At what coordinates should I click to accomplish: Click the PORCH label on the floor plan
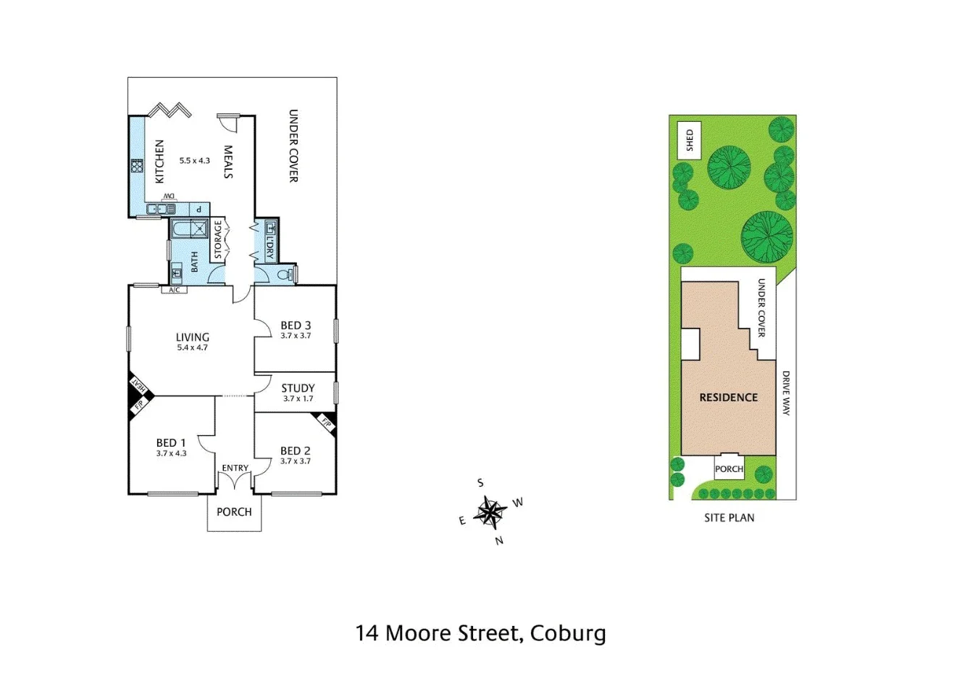(x=234, y=512)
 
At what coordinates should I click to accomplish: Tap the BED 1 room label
(x=171, y=443)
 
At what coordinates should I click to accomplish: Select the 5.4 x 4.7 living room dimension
(x=192, y=347)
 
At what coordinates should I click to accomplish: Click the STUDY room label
(x=298, y=388)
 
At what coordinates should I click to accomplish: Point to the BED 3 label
(x=296, y=326)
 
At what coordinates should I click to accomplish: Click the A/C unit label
(x=174, y=290)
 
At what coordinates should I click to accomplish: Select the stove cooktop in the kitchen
(x=135, y=166)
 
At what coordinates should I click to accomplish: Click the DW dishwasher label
(x=168, y=197)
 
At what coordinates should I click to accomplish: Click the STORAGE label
(x=217, y=240)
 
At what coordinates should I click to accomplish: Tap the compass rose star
(x=490, y=512)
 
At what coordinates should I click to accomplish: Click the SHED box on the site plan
(x=690, y=141)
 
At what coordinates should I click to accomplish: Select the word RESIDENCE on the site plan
(x=728, y=397)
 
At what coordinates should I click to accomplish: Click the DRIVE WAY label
(x=786, y=393)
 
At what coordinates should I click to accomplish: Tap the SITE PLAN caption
(x=729, y=518)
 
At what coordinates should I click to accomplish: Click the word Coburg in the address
(x=568, y=633)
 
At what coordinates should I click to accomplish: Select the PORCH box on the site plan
(x=729, y=469)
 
